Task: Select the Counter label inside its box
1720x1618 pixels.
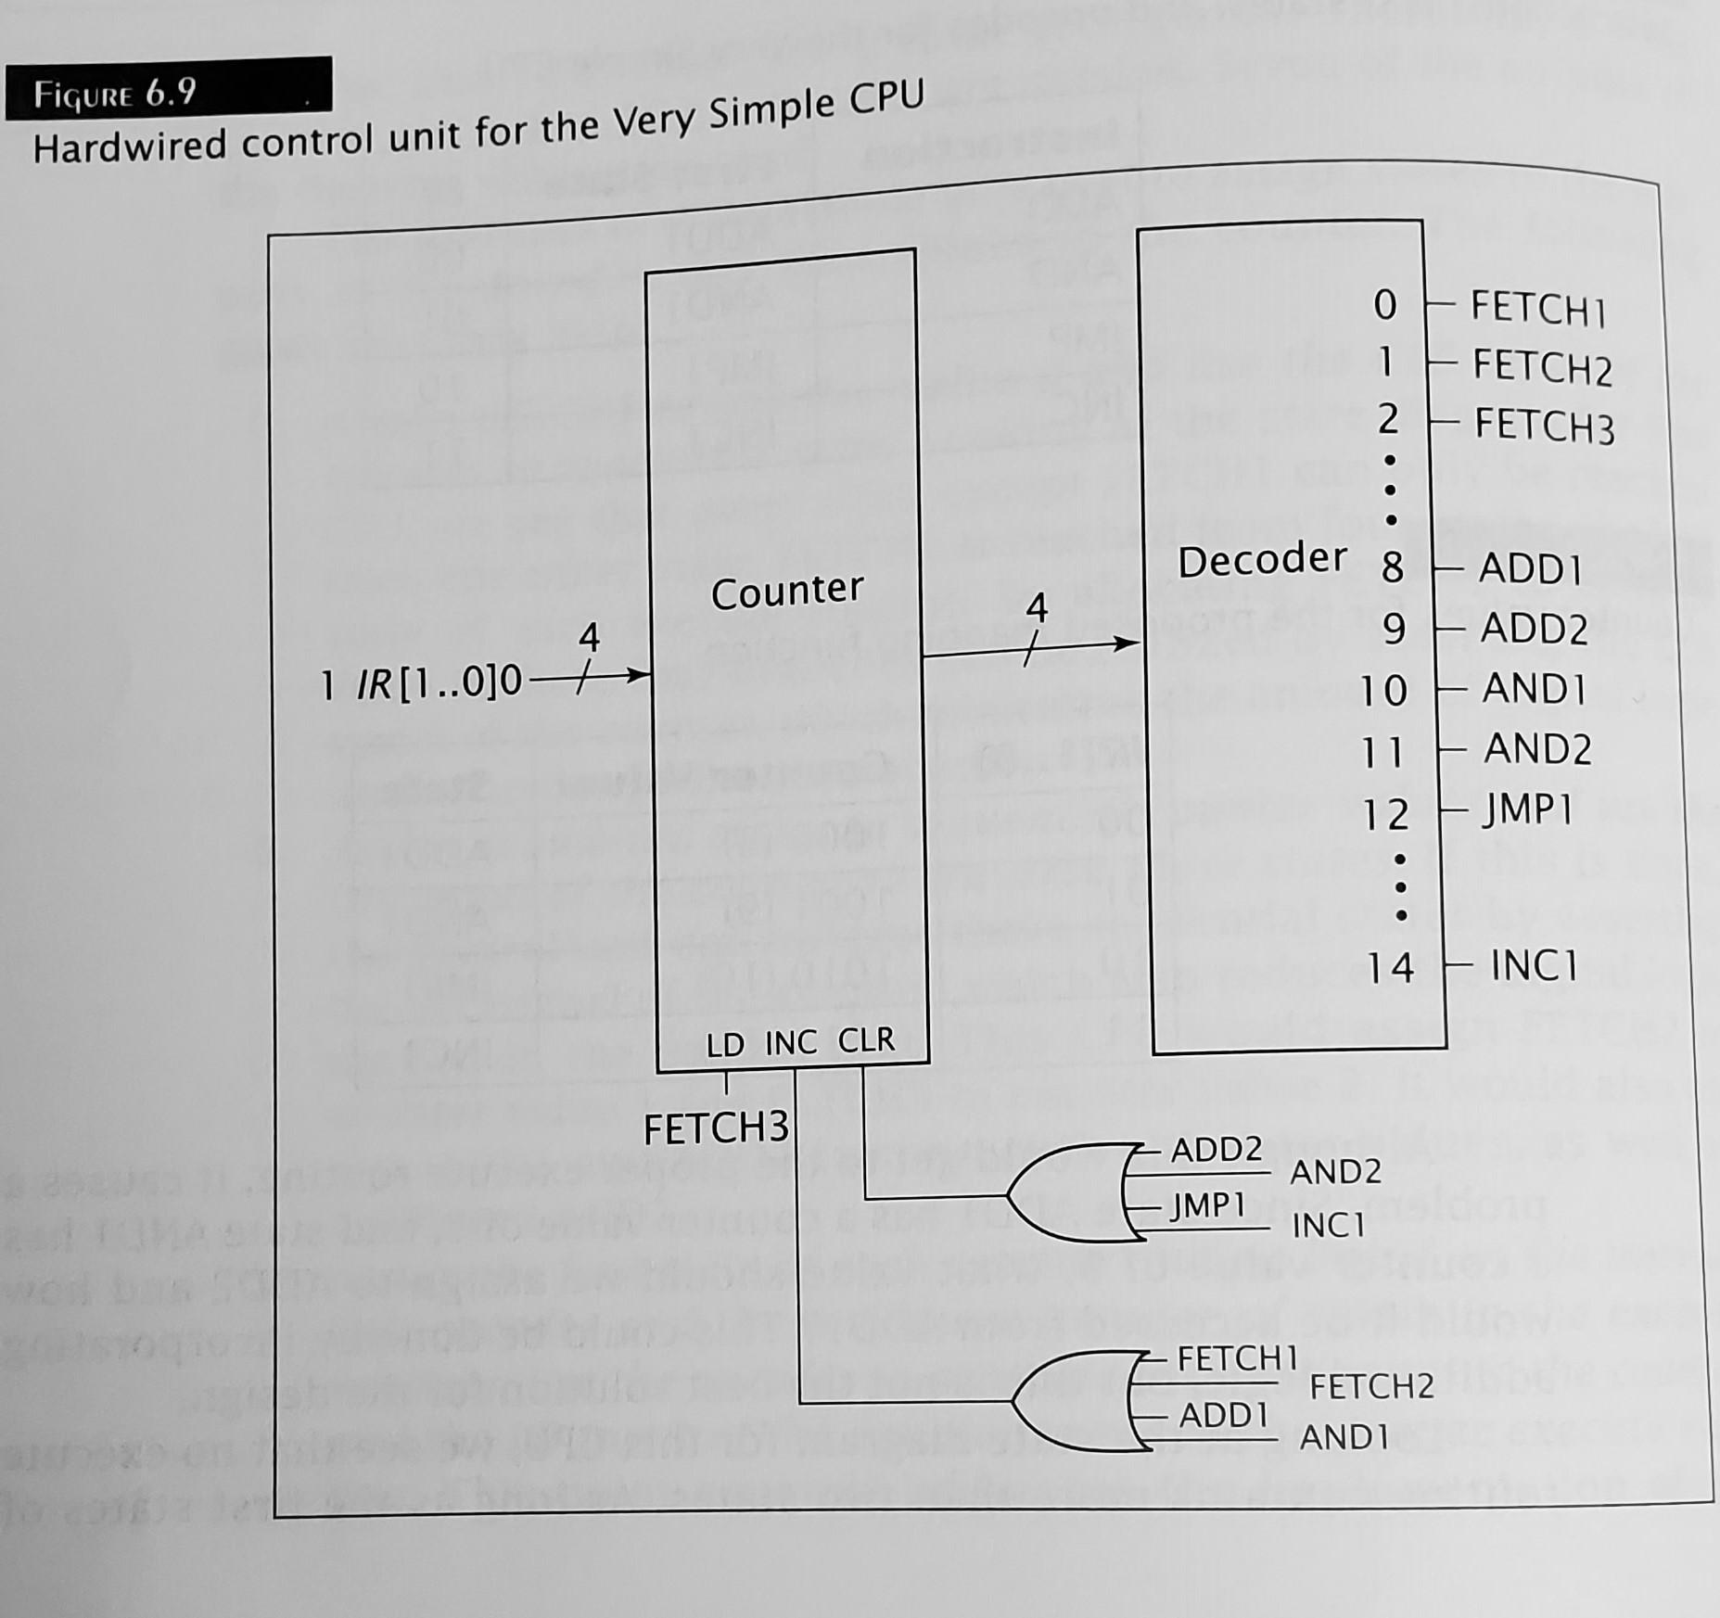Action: [x=786, y=591]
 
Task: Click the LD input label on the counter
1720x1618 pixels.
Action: [x=725, y=1045]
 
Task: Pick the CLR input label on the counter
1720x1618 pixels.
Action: [x=866, y=1040]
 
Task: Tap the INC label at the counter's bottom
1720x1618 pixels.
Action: [x=791, y=1043]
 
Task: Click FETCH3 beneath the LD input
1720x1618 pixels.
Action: [x=716, y=1128]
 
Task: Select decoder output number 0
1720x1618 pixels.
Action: [x=1384, y=305]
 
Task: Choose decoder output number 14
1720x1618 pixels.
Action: [x=1390, y=968]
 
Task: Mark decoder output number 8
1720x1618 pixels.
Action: [x=1392, y=567]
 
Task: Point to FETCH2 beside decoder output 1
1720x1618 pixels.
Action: [x=1542, y=366]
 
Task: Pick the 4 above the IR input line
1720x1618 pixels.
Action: [x=589, y=637]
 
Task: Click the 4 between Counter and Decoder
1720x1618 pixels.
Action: [x=1036, y=608]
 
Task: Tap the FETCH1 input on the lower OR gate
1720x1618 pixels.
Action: [x=1237, y=1359]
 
